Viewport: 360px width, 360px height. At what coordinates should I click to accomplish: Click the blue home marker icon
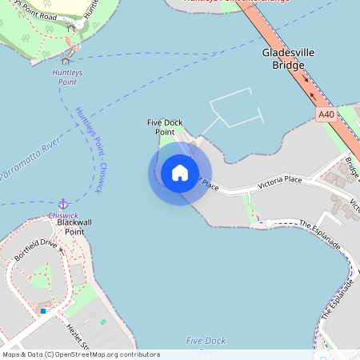coord(179,173)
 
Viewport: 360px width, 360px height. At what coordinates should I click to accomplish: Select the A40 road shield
coord(325,115)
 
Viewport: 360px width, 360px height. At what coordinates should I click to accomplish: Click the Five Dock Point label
coord(165,127)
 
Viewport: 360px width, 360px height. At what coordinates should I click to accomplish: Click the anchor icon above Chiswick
coord(62,205)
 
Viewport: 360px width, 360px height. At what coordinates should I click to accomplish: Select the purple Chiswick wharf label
coord(63,215)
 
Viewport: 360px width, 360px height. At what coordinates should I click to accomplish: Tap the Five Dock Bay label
coord(206,346)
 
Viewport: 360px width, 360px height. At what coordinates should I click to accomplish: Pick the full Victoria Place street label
coord(279,181)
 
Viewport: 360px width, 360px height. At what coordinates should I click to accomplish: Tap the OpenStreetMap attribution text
coord(81,354)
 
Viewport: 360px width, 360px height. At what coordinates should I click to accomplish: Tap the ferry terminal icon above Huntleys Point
coord(66,59)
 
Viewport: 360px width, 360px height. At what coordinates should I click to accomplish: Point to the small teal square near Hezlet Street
coord(102,322)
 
